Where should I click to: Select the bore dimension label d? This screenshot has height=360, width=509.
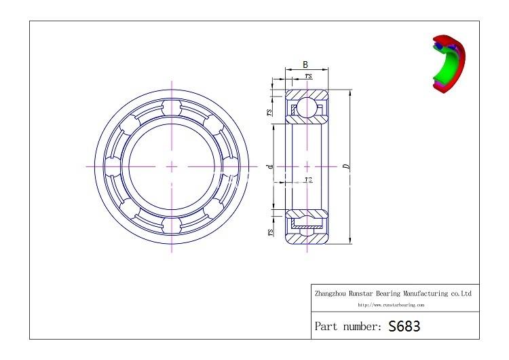(270, 165)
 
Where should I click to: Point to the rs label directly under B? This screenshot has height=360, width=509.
(309, 77)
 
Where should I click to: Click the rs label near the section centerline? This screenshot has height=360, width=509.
(308, 180)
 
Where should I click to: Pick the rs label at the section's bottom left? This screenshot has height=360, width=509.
(270, 232)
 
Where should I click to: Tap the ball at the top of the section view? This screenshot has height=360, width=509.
(307, 107)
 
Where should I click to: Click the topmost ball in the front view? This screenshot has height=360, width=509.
(172, 108)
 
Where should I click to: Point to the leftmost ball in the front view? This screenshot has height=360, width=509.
(114, 166)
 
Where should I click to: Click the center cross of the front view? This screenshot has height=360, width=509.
(172, 166)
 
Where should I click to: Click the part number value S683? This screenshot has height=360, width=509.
(404, 326)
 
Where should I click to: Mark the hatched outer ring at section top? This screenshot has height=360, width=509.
(307, 93)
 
